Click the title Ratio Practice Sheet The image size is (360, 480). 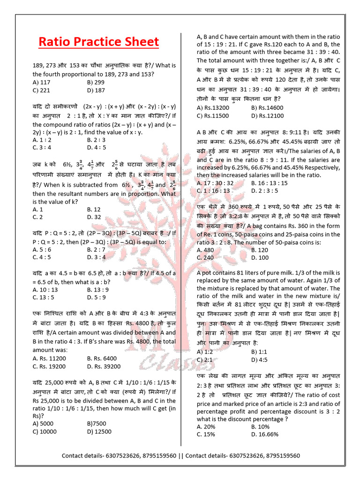click(98, 42)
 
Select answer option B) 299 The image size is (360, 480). click(96, 82)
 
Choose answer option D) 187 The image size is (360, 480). click(96, 90)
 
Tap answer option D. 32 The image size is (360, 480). click(94, 217)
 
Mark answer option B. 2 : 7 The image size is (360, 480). click(96, 249)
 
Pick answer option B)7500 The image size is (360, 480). click(97, 424)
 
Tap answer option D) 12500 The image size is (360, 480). click(99, 432)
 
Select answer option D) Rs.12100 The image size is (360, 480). click(267, 115)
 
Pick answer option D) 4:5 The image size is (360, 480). click(260, 360)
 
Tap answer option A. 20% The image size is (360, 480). click(206, 426)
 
